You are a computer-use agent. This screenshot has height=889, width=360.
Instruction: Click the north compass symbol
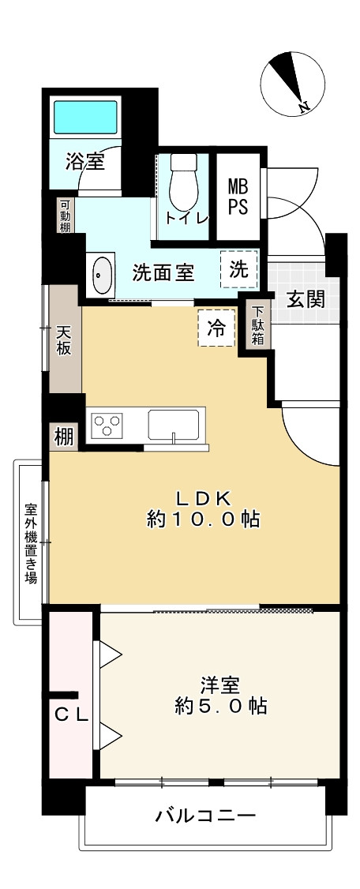click(x=289, y=83)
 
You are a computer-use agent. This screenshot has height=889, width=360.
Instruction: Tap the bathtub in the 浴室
click(x=84, y=117)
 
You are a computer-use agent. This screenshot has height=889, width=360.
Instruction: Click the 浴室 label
click(x=84, y=163)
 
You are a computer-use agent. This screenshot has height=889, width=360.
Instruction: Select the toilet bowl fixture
click(x=183, y=181)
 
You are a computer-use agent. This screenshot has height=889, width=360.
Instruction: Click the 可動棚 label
click(x=64, y=215)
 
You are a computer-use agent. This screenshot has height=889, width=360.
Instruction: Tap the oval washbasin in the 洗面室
click(x=102, y=276)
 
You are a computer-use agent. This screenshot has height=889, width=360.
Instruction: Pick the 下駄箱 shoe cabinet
click(x=257, y=324)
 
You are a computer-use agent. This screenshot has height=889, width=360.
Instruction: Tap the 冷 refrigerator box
click(x=216, y=329)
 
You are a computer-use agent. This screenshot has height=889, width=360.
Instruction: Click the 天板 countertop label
click(x=64, y=340)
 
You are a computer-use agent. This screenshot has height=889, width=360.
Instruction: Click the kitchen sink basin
click(x=176, y=426)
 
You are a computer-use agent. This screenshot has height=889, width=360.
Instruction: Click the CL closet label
click(x=70, y=715)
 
